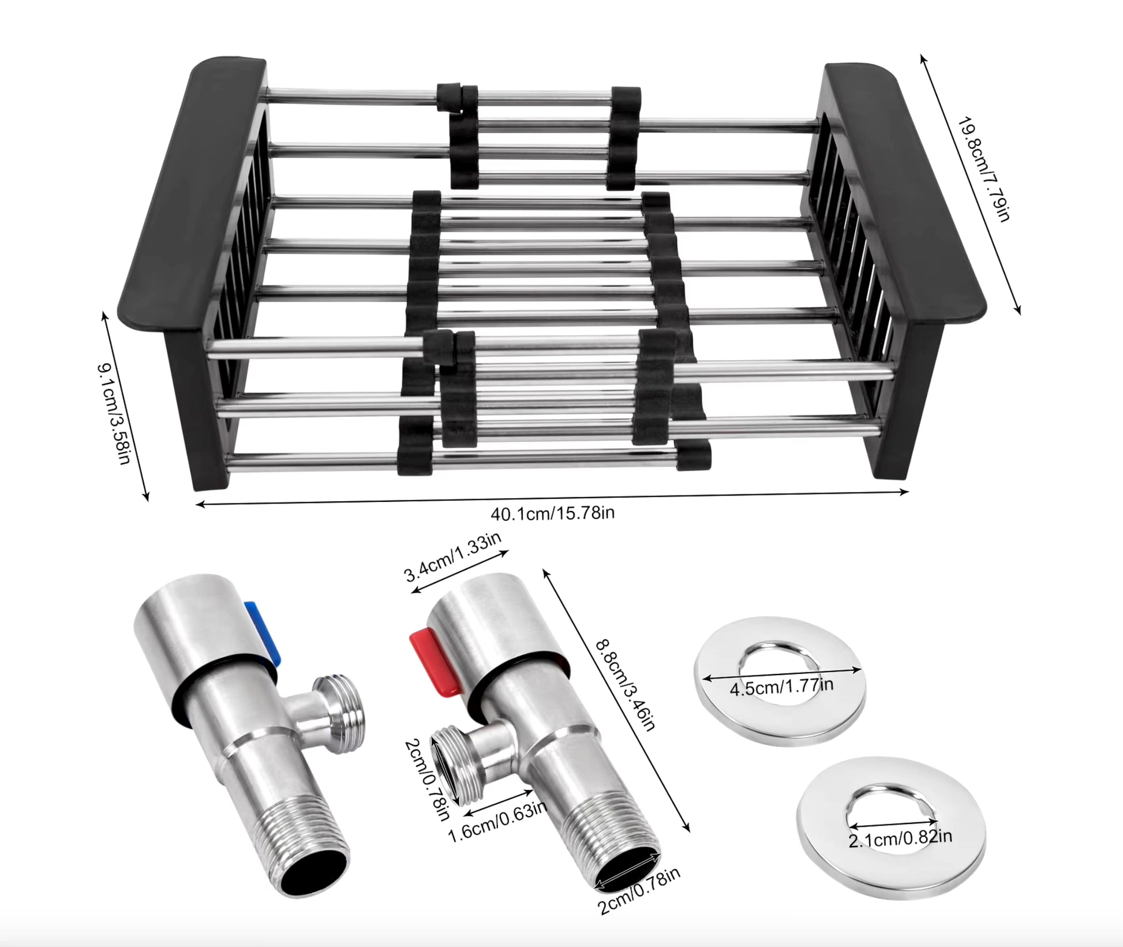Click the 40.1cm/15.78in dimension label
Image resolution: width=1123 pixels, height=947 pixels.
click(552, 513)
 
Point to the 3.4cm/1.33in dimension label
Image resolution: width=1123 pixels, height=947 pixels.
click(453, 557)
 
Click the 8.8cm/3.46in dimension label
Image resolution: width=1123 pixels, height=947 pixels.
click(626, 684)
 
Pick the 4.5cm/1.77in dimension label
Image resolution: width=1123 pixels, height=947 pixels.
click(781, 687)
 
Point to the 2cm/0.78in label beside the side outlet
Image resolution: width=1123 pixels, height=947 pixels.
click(426, 780)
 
